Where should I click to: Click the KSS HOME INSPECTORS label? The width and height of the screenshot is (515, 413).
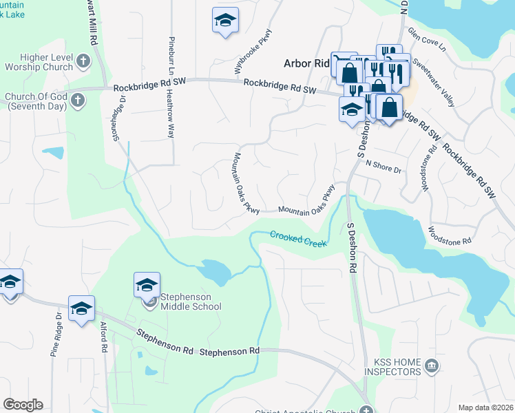click(397, 367)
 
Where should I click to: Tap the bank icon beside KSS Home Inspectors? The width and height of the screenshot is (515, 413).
click(432, 364)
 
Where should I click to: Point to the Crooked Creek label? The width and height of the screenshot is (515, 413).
click(298, 237)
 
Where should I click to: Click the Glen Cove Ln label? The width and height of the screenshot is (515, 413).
click(427, 41)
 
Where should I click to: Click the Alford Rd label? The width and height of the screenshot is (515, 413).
click(103, 338)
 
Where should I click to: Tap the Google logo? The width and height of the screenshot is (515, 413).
click(23, 405)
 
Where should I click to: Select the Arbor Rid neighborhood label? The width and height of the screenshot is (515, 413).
click(306, 63)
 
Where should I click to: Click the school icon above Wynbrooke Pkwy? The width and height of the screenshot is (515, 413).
click(224, 21)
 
